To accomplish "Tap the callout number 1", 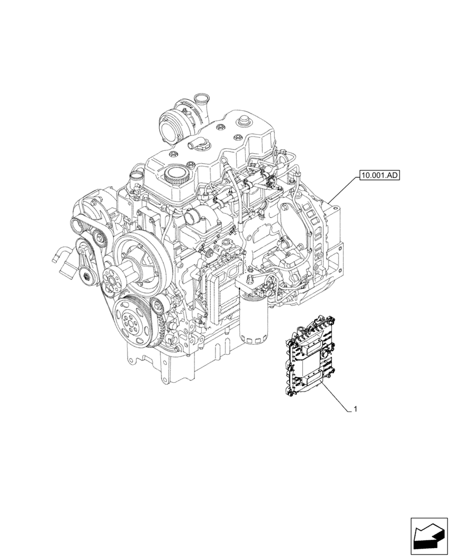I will (x=355, y=409).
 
